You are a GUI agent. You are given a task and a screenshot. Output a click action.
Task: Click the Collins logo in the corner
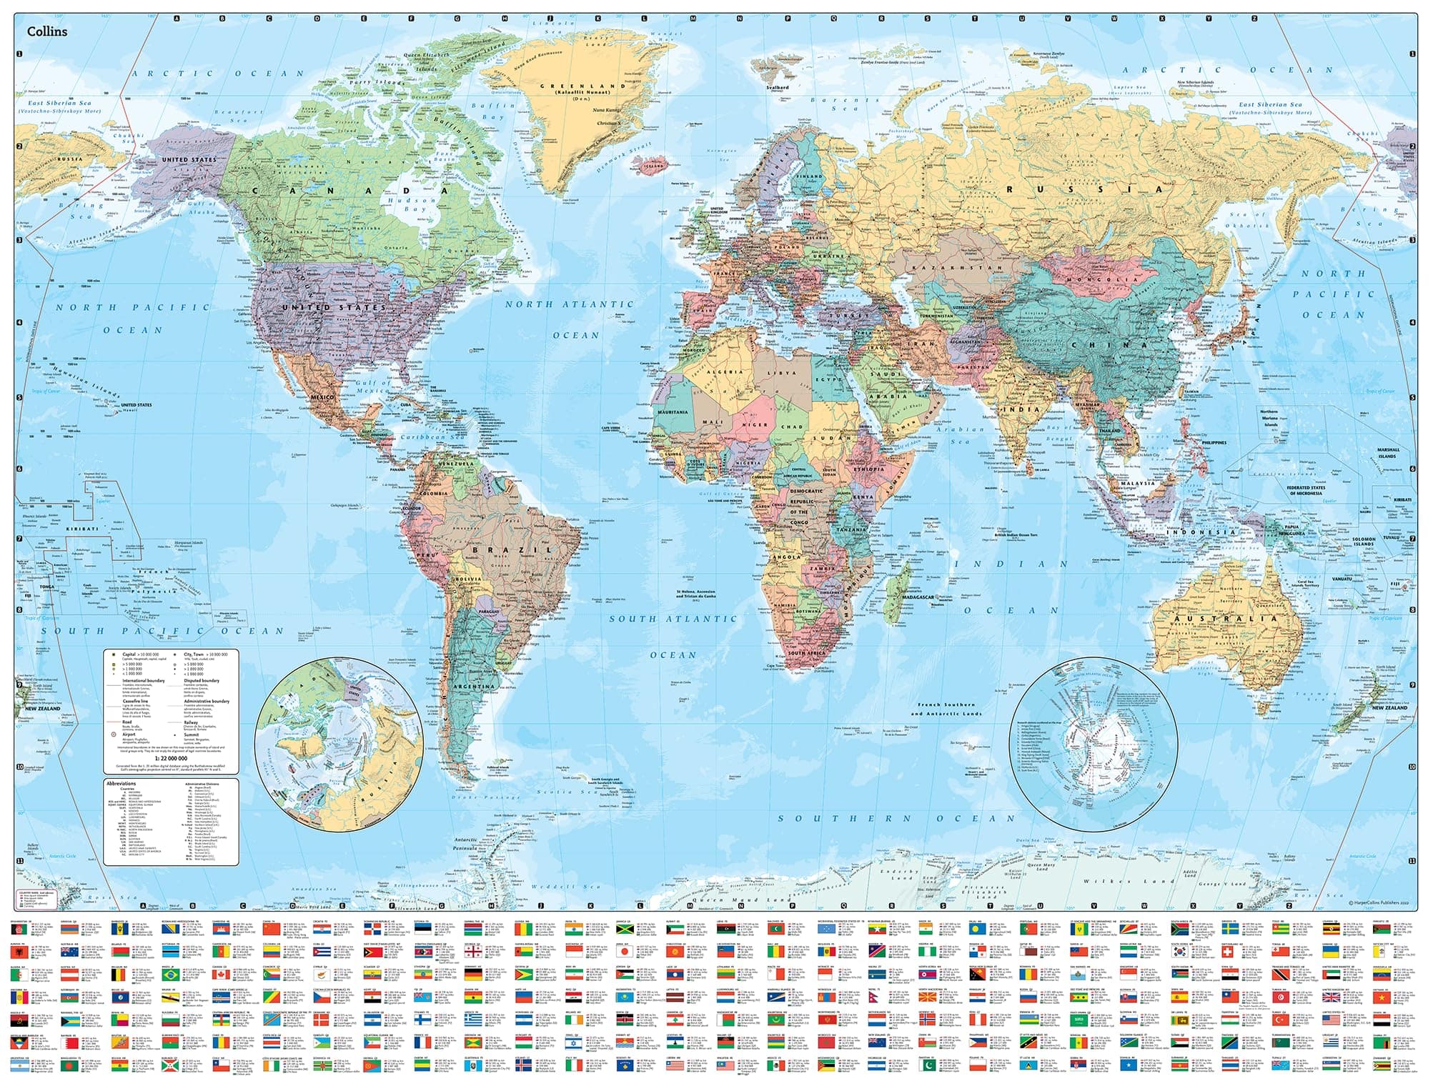47,31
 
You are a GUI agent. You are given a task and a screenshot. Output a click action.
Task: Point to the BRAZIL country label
512,550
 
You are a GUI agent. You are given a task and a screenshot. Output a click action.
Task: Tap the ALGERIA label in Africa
725,372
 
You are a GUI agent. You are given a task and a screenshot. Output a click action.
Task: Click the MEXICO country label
323,397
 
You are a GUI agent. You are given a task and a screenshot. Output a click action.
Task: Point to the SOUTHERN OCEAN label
896,819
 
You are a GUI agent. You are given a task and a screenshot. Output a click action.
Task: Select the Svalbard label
777,87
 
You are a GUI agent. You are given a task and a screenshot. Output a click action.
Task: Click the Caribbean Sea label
430,437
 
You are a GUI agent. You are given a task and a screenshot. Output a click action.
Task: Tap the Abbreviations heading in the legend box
121,784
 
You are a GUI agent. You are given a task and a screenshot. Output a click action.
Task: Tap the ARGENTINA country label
475,686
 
